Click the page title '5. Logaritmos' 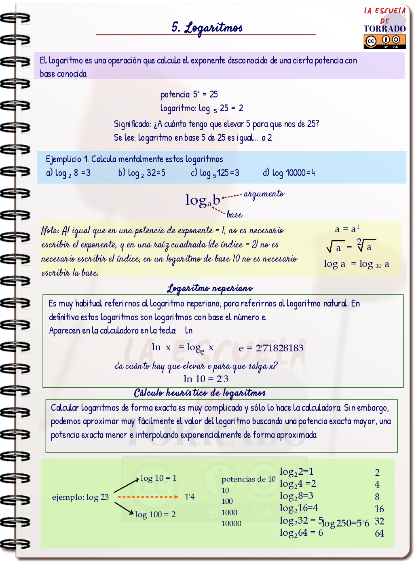pyautogui.click(x=207, y=27)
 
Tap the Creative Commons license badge pyautogui.click(x=384, y=41)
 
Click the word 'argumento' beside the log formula pyautogui.click(x=264, y=194)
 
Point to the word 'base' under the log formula pyautogui.click(x=234, y=214)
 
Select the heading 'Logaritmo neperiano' pyautogui.click(x=210, y=288)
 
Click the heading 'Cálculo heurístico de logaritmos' pyautogui.click(x=200, y=393)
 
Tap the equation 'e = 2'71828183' pyautogui.click(x=271, y=348)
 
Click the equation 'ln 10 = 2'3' pyautogui.click(x=206, y=379)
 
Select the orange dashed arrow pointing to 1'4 pyautogui.click(x=148, y=497)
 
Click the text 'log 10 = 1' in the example pyautogui.click(x=158, y=478)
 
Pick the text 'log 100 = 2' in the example pyautogui.click(x=155, y=514)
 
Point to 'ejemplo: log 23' pyautogui.click(x=80, y=497)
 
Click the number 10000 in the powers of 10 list pyautogui.click(x=231, y=523)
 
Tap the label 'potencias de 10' pyautogui.click(x=248, y=479)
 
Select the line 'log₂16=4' pyautogui.click(x=299, y=508)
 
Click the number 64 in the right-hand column pyautogui.click(x=379, y=533)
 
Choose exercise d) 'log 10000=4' pyautogui.click(x=289, y=173)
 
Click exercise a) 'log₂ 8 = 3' pyautogui.click(x=68, y=173)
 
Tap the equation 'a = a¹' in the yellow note pyautogui.click(x=347, y=229)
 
